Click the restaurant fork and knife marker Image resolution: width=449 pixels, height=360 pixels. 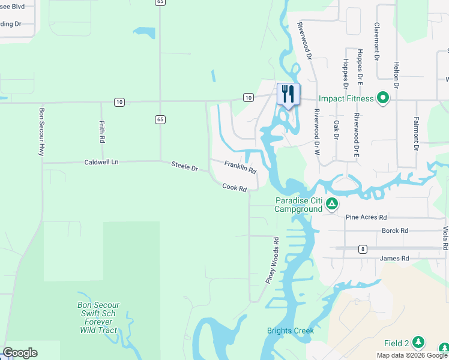(288, 94)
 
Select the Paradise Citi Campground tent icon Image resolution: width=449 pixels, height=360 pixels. (331, 205)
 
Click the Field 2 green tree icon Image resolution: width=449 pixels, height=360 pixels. (418, 343)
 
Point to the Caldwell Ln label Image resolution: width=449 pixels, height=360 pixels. (101, 162)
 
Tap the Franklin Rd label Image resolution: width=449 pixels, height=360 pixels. (240, 167)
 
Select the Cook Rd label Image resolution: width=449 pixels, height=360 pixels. (235, 188)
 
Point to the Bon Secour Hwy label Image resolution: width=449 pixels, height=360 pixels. (41, 132)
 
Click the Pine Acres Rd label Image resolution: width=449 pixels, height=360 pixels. (366, 217)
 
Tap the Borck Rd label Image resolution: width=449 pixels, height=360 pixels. (394, 230)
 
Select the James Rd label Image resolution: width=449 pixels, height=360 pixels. (394, 259)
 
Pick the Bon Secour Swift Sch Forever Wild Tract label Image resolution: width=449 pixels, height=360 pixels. (98, 317)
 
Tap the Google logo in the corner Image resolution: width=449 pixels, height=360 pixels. (20, 353)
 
